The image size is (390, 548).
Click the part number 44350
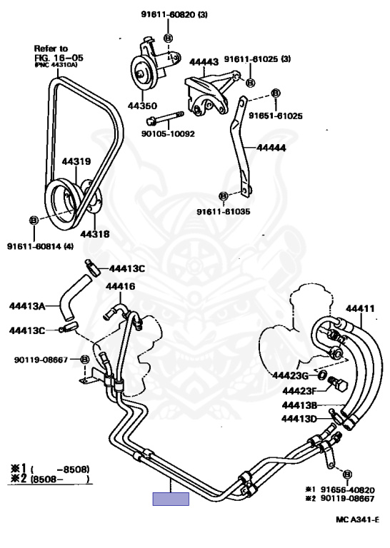point(142,106)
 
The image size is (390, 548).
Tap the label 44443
point(204,62)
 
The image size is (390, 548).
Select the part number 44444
point(271,148)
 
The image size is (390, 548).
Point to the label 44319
point(76,161)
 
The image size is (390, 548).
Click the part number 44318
point(95,234)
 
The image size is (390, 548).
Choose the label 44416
point(120,286)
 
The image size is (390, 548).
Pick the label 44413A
point(27,306)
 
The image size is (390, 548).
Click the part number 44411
point(360,308)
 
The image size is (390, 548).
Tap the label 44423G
point(290,375)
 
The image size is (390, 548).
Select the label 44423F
point(299,391)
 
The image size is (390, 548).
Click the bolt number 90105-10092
point(168,134)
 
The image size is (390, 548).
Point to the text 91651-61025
point(276,116)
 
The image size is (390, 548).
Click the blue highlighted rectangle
point(171,499)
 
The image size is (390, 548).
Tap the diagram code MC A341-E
point(357,519)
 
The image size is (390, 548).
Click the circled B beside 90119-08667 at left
point(85,360)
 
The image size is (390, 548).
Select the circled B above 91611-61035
point(224,196)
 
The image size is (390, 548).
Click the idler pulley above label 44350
point(143,74)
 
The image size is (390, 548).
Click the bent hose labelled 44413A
point(71,298)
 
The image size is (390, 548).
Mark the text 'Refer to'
point(51,49)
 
